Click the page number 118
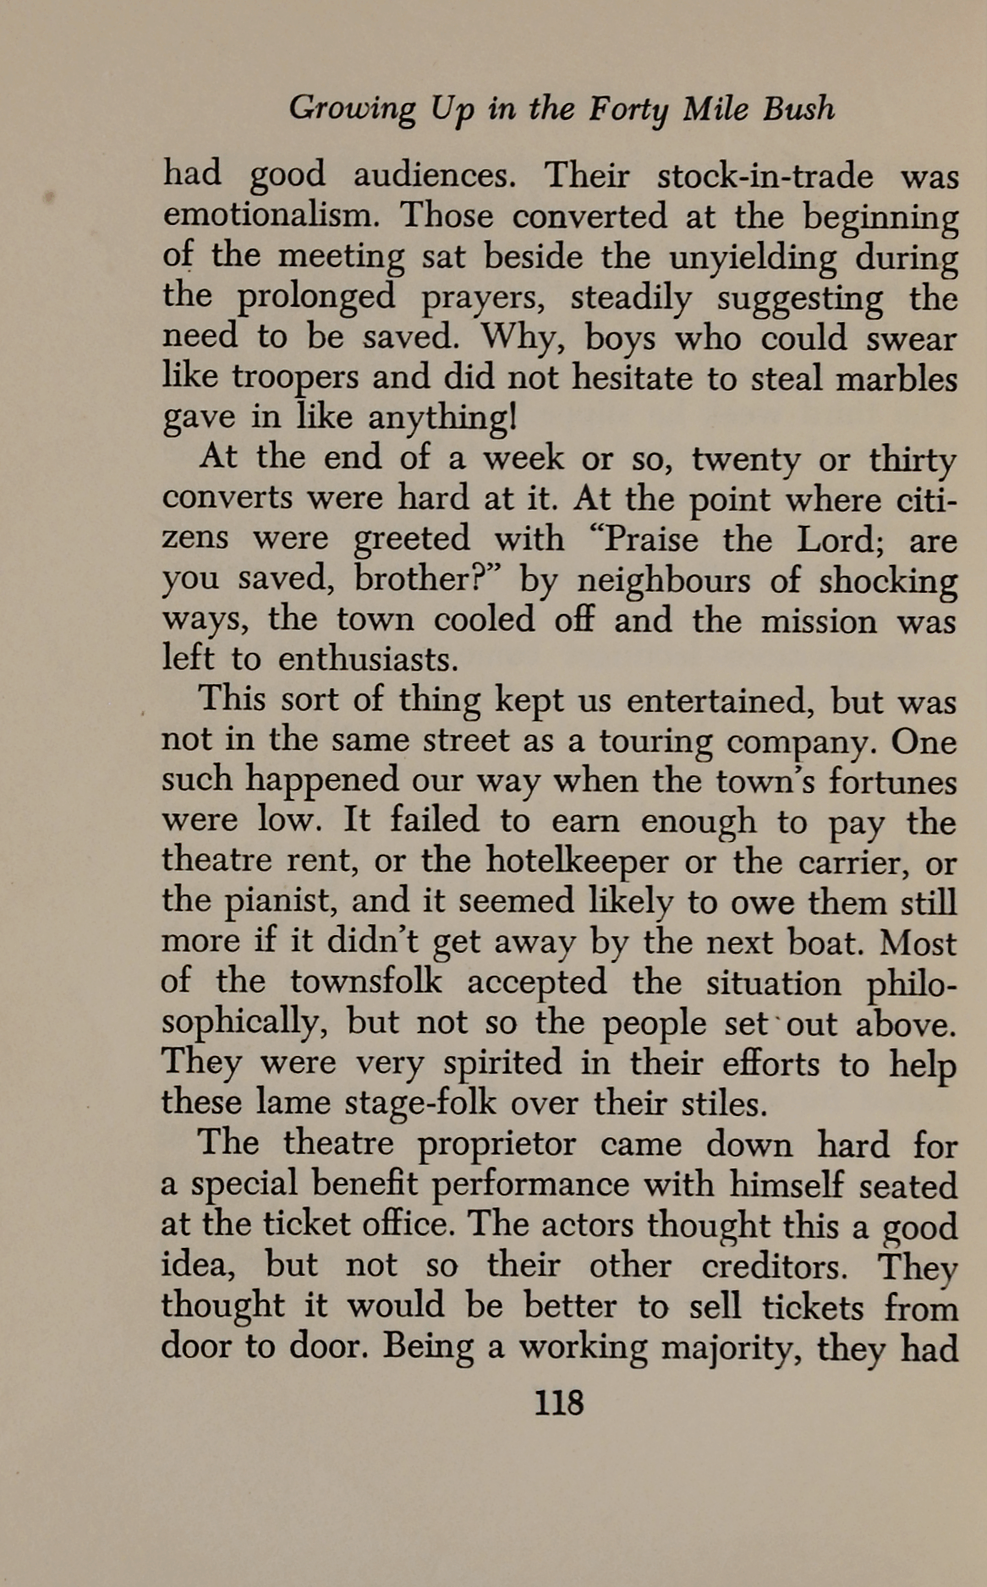pyautogui.click(x=559, y=1403)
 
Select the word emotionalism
pyautogui.click(x=268, y=216)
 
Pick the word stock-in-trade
pyautogui.click(x=765, y=176)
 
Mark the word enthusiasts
pyautogui.click(x=368, y=659)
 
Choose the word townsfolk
pyautogui.click(x=365, y=982)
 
